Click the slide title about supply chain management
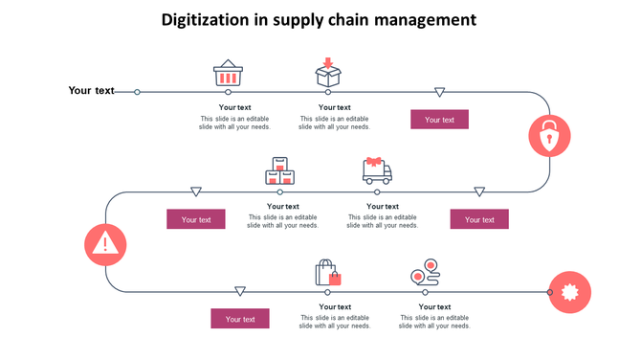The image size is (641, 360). (x=319, y=20)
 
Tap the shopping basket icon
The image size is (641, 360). (x=228, y=74)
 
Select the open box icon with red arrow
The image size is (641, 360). (x=329, y=73)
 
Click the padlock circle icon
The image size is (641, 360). (x=549, y=137)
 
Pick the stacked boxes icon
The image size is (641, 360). (x=279, y=171)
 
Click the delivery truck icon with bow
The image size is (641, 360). (x=377, y=170)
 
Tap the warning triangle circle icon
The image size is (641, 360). (x=104, y=244)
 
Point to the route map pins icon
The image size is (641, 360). (x=426, y=272)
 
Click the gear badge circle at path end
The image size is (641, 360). (x=570, y=291)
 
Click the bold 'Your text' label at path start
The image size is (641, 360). (x=91, y=91)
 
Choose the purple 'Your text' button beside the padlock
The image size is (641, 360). (x=439, y=120)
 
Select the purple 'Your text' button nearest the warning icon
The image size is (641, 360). (x=196, y=219)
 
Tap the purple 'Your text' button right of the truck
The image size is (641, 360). (x=479, y=219)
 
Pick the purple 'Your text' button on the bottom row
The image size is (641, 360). (x=240, y=319)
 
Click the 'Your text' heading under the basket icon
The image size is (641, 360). (x=235, y=107)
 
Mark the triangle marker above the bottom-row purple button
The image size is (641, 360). (x=240, y=291)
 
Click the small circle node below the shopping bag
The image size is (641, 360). (x=327, y=291)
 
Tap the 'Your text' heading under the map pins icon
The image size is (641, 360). (x=434, y=306)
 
